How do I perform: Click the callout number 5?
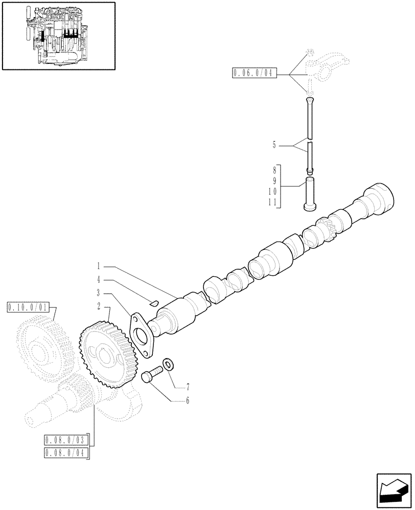pyautogui.click(x=274, y=145)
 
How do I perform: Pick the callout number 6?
pyautogui.click(x=188, y=401)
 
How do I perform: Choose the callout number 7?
pyautogui.click(x=188, y=387)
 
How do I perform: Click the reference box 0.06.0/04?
pyautogui.click(x=255, y=73)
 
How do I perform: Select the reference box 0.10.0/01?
pyautogui.click(x=28, y=307)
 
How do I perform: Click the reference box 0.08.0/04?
pyautogui.click(x=66, y=452)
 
